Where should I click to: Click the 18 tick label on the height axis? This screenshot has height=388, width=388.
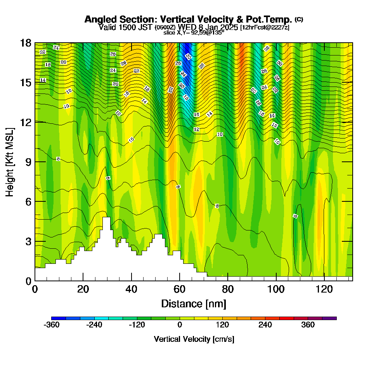(26, 43)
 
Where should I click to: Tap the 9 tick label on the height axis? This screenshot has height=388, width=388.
(28, 162)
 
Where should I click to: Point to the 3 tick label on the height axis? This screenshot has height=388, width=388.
(28, 241)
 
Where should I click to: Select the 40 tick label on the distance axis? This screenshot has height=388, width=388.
(132, 289)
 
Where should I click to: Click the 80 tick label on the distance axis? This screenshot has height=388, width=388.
(228, 289)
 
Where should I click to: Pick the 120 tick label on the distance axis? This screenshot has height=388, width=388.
(324, 289)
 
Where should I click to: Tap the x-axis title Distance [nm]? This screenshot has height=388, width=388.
(194, 303)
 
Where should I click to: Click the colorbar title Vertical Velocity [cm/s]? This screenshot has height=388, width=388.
(194, 339)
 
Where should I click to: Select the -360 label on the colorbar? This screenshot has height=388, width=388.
(52, 325)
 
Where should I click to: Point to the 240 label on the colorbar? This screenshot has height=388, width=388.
(265, 325)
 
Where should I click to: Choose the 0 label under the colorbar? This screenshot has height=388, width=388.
(180, 325)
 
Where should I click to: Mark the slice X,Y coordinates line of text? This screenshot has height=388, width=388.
(194, 33)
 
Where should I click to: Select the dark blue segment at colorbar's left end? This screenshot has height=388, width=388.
(59, 318)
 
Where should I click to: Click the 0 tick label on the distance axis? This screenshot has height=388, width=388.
(35, 289)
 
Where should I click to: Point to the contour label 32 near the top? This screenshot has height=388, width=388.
(267, 48)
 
